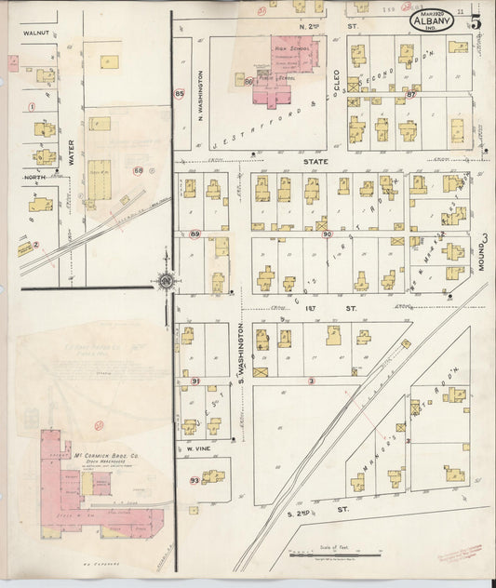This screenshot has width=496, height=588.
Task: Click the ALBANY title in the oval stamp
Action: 432,22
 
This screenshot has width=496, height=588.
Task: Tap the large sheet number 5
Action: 476,21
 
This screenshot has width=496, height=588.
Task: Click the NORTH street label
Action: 34,177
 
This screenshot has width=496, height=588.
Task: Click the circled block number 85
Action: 180,93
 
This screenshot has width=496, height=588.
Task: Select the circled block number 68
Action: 139,170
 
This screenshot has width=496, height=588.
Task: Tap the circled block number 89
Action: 195,234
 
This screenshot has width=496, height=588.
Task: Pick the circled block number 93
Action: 194,480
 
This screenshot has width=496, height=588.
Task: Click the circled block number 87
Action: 410,95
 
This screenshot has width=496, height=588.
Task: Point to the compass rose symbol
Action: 165,279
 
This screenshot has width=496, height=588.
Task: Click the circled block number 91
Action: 195,381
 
